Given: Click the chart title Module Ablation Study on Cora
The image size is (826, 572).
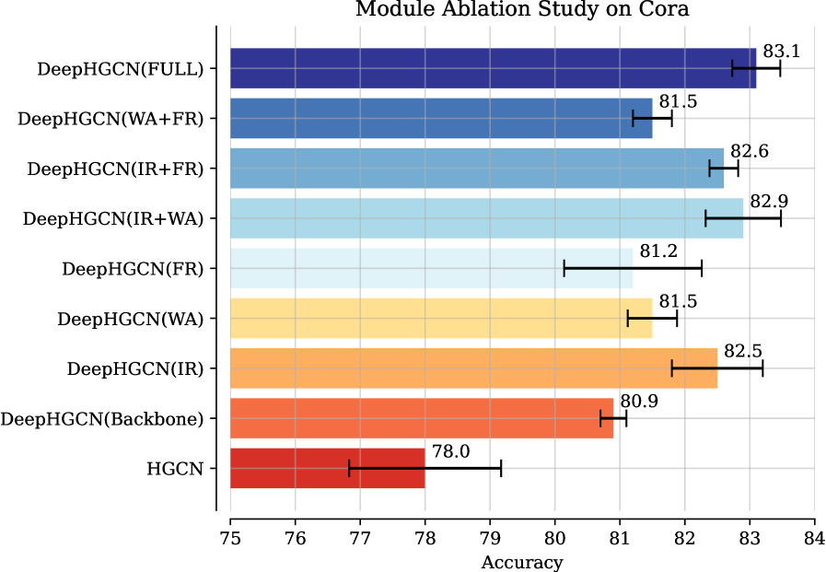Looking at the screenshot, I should pos(522,10).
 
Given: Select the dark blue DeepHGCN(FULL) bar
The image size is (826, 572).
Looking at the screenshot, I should pos(493,68).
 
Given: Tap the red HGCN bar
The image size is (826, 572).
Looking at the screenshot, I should pos(327,468).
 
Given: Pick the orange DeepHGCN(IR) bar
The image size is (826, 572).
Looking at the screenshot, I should pos(473,368).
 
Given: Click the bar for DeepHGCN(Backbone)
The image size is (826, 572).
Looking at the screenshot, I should pos(421,418).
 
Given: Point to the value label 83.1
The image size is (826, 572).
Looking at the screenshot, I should pos(781,52).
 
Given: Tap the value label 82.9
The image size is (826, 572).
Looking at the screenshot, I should pos(768,201).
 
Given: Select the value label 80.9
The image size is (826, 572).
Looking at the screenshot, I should pos(638,402).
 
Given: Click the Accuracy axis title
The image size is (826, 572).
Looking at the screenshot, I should pos(522,561).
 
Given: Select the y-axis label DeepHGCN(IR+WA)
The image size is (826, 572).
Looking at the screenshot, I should pos(112,219).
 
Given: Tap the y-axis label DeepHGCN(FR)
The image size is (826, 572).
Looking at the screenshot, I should pos(133,269).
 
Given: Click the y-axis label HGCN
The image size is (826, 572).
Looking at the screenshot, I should pos(175,469).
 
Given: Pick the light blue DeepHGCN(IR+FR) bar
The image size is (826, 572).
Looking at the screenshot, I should pos(476,169).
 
